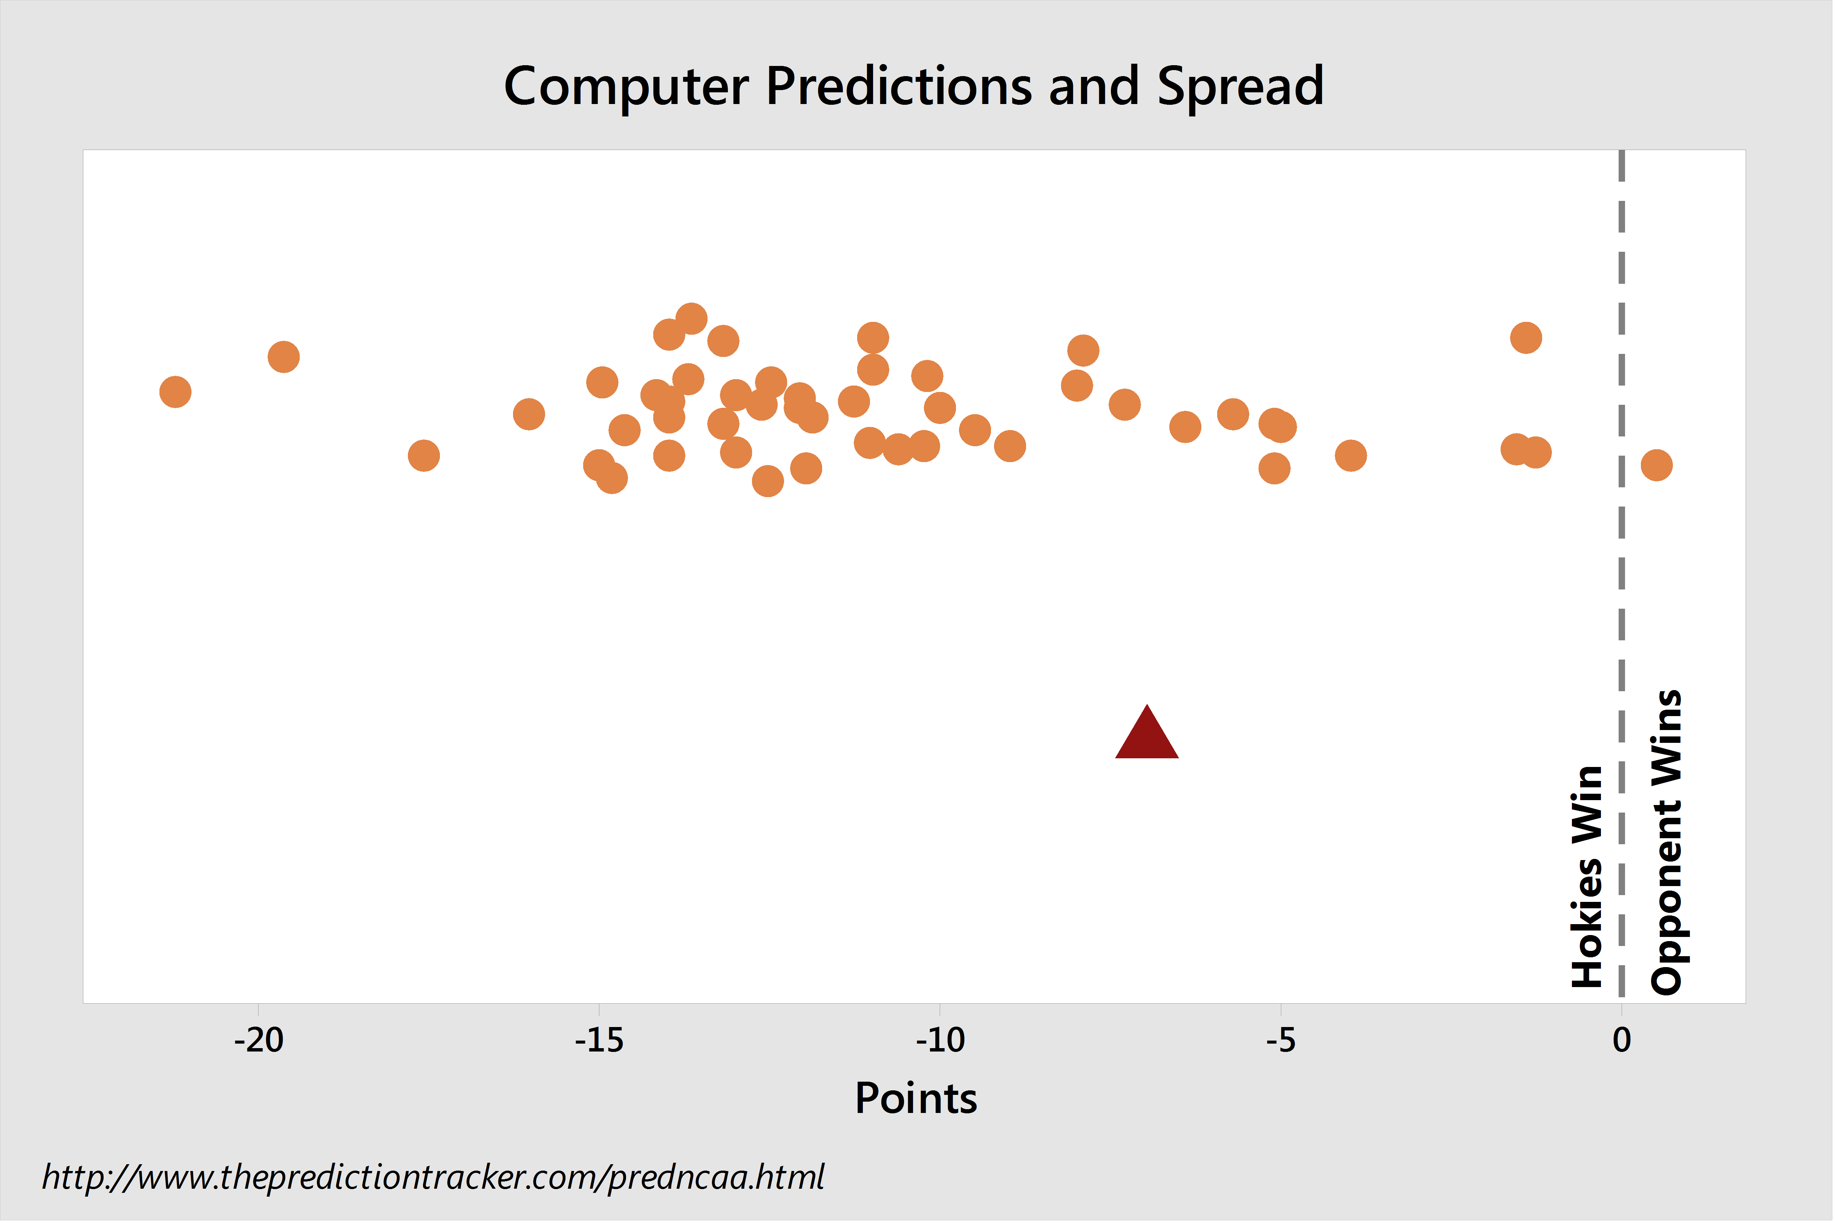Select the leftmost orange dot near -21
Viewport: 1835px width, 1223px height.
tap(176, 392)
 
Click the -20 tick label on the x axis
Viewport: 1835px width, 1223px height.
tap(259, 1041)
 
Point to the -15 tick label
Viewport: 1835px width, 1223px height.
tap(599, 1041)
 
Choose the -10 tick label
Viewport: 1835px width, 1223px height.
tap(940, 1041)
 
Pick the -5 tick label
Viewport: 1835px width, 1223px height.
tap(1281, 1041)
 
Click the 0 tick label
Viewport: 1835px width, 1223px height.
tap(1622, 1041)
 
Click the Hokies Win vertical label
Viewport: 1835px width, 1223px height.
tap(1587, 877)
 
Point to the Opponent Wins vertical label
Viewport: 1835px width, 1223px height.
tap(1667, 842)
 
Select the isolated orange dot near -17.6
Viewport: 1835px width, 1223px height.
tap(424, 456)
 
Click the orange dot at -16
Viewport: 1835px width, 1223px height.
tap(529, 414)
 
